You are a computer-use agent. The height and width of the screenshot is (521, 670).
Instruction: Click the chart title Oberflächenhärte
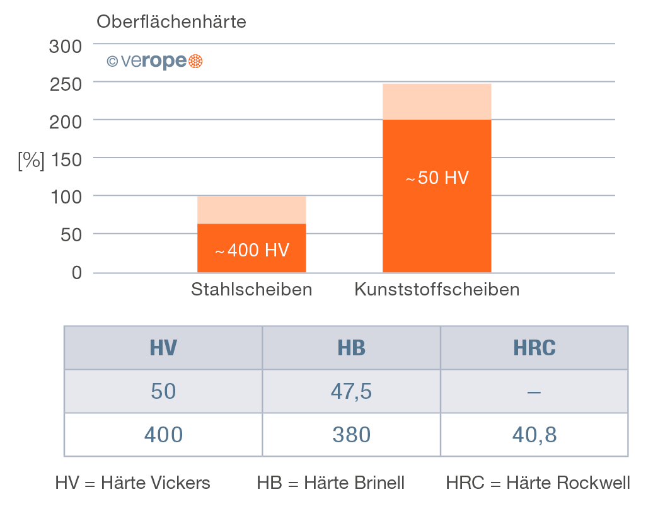pyautogui.click(x=171, y=22)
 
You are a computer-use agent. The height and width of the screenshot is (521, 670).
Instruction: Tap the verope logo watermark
pyautogui.click(x=154, y=61)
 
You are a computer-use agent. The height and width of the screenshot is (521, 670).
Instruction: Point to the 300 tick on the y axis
pyautogui.click(x=66, y=46)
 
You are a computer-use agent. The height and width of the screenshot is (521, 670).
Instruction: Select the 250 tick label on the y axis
pyautogui.click(x=66, y=84)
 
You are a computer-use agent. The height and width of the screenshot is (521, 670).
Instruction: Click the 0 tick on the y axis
pyautogui.click(x=77, y=273)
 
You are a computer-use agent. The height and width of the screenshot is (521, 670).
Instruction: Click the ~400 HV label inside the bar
pyautogui.click(x=252, y=251)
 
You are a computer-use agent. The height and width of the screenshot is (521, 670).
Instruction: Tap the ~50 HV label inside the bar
pyautogui.click(x=437, y=178)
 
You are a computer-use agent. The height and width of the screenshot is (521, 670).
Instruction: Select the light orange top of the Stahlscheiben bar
pyautogui.click(x=251, y=210)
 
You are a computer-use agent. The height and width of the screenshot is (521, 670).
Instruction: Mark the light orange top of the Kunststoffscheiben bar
pyautogui.click(x=437, y=101)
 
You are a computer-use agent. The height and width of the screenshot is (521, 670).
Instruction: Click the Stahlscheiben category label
pyautogui.click(x=251, y=290)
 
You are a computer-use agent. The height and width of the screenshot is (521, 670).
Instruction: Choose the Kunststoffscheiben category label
pyautogui.click(x=437, y=290)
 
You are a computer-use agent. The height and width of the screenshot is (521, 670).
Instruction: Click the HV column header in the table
pyautogui.click(x=163, y=348)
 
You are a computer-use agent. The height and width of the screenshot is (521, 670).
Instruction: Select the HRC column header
pyautogui.click(x=534, y=348)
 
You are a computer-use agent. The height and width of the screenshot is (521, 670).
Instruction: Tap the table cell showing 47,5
pyautogui.click(x=351, y=392)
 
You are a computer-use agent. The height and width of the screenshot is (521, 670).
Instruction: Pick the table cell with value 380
pyautogui.click(x=351, y=435)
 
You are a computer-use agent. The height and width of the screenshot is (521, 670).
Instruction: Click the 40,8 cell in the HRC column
pyautogui.click(x=534, y=435)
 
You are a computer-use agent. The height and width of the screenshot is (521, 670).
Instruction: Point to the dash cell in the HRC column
pyautogui.click(x=534, y=392)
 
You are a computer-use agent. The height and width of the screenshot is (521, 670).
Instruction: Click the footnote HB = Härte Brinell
pyautogui.click(x=330, y=483)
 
